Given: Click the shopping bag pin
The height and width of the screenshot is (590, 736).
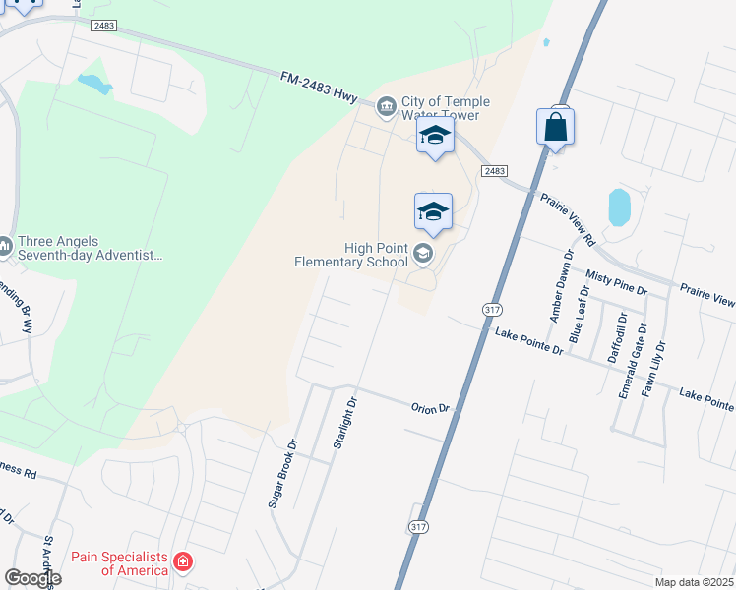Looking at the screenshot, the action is [x=556, y=127].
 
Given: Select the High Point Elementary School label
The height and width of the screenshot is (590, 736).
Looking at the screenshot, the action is [x=351, y=255].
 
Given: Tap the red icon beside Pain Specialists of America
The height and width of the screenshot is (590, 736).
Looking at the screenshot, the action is [x=182, y=562].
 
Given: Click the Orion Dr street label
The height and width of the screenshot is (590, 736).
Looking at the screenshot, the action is [x=430, y=407].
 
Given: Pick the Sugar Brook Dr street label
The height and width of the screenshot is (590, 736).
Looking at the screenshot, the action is [x=281, y=474].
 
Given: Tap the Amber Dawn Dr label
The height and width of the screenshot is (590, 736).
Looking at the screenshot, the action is [x=560, y=285].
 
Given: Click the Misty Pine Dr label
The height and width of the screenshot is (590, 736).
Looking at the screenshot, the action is [x=616, y=284].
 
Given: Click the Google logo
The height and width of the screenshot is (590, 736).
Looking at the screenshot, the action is [x=32, y=578].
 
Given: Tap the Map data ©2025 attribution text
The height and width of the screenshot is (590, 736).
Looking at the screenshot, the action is [x=694, y=582].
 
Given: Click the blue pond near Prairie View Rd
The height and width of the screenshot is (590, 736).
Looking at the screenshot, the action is [x=619, y=207].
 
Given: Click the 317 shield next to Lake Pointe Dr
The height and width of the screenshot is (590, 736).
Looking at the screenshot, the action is [x=492, y=309].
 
